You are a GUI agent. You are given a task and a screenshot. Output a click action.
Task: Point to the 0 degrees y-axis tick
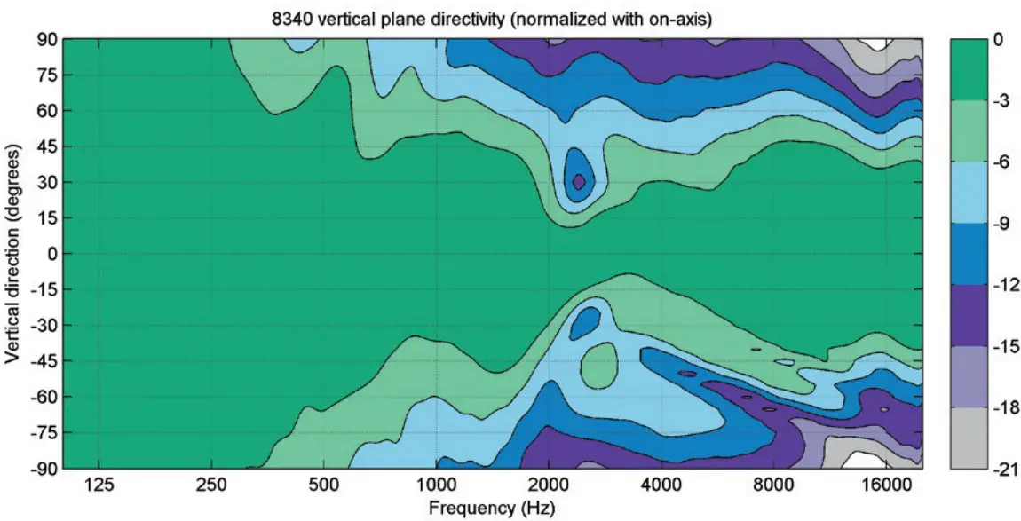tap(52, 254)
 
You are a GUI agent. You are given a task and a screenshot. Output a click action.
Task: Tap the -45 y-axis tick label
tap(45, 361)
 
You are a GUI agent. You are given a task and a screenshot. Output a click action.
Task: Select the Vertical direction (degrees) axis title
tap(12, 254)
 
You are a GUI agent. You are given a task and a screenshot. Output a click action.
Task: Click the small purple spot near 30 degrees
tap(579, 181)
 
